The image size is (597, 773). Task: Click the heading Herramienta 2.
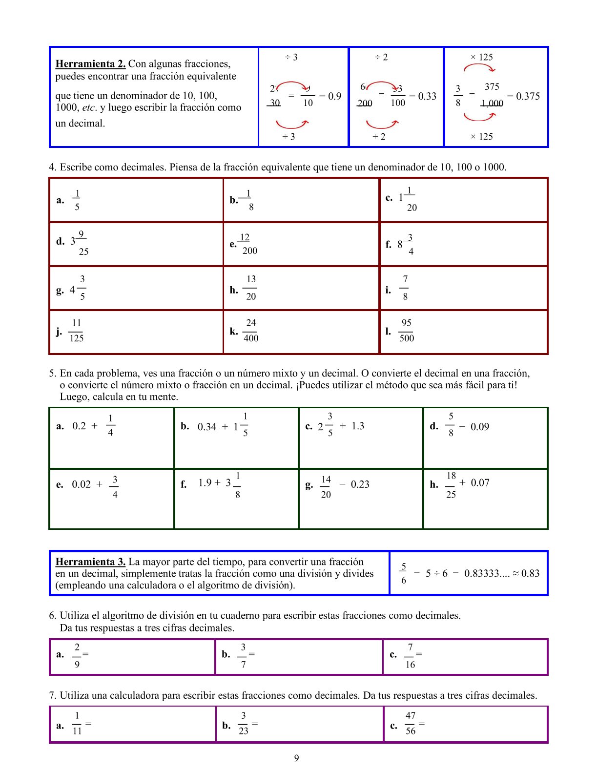pos(90,64)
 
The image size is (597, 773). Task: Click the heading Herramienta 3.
pos(90,562)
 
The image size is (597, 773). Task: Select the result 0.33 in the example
pos(427,96)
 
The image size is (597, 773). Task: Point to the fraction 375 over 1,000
pos(492,95)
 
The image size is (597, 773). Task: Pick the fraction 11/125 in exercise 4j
pos(76,331)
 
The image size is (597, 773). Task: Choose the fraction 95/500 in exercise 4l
pos(407,331)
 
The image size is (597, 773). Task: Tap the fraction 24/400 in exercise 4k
pos(251,331)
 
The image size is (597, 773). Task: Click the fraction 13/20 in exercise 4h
pos(251,288)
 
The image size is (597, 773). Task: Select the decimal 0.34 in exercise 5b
pos(207,427)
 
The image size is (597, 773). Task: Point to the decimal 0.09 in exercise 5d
pos(480,427)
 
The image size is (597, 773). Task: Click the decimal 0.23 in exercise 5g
pos(360,484)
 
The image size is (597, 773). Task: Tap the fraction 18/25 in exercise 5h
pos(451,485)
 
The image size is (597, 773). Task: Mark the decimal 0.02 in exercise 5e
pos(81,484)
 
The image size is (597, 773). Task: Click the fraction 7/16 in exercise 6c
pos(410,656)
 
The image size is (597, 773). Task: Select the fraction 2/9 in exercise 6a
pos(77,656)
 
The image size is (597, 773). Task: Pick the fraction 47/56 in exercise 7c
pos(411,723)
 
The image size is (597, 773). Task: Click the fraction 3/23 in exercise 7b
pos(243,723)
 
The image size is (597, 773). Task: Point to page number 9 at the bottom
pos(297,758)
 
